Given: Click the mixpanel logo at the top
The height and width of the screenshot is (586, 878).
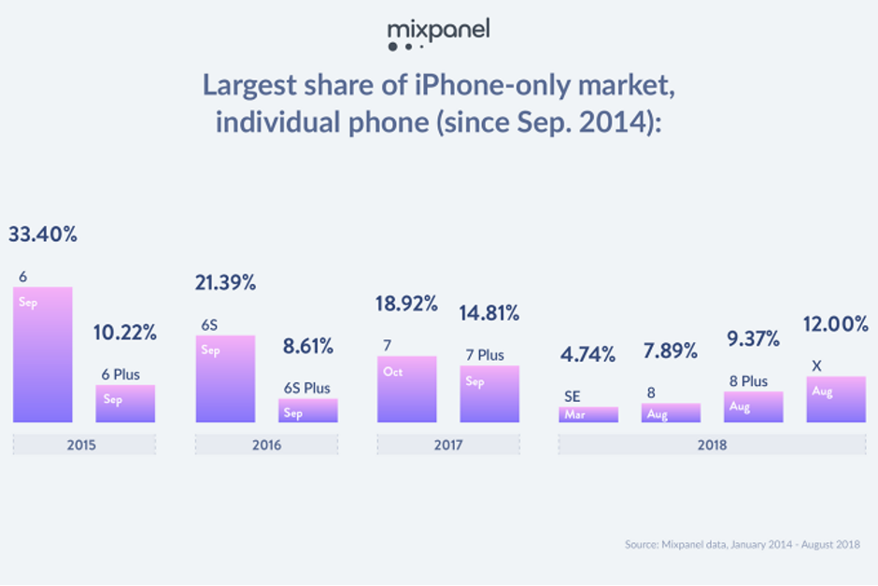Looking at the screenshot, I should point(438,35).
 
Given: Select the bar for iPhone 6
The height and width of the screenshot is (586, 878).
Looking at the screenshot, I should point(42,355).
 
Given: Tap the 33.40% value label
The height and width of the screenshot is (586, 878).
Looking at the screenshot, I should point(43,235).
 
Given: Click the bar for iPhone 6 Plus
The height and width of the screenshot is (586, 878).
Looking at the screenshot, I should point(125,404).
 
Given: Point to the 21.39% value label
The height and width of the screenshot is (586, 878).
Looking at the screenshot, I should point(225,283).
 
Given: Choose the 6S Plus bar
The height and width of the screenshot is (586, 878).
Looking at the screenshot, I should point(307,411).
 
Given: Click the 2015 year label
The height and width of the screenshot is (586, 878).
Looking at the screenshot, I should point(83,445).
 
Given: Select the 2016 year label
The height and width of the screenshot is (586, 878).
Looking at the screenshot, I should point(266,445).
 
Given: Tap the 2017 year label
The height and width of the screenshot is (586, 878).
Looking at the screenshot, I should point(448,445).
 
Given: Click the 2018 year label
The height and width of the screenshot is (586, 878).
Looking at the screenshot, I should point(713,445).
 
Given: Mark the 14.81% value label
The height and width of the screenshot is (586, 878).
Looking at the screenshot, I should point(489,313).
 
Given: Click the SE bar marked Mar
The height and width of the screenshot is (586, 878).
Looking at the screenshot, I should point(588,414).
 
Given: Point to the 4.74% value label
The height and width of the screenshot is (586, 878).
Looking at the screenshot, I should point(588,355).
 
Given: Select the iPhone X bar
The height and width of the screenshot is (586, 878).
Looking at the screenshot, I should point(835,400).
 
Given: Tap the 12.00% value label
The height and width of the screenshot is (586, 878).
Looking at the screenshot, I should point(836,324).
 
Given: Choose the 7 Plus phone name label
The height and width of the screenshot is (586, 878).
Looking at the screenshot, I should point(485,355).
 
